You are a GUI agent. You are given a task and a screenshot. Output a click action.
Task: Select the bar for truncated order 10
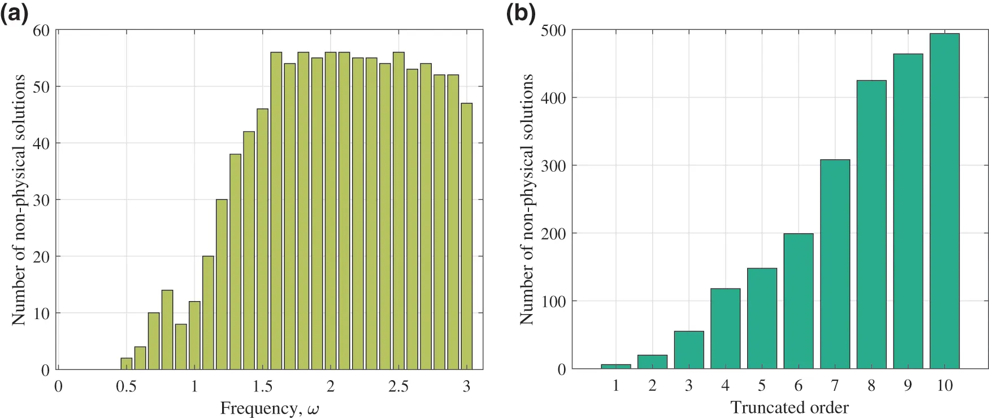(x=944, y=201)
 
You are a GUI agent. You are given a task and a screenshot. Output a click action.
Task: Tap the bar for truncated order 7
(x=835, y=264)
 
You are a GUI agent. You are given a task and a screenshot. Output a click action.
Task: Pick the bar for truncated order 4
(x=725, y=329)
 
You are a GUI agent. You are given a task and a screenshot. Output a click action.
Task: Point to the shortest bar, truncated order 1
(x=616, y=366)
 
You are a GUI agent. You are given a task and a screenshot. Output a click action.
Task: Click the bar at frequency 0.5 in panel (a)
(x=127, y=364)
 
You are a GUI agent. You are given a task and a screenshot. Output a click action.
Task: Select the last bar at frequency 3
(x=466, y=236)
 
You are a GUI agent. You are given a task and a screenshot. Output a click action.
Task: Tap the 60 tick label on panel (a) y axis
(x=41, y=31)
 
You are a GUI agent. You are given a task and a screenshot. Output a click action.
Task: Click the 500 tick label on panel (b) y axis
(x=553, y=31)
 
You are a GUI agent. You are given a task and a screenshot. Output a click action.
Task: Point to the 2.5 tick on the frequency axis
(x=398, y=386)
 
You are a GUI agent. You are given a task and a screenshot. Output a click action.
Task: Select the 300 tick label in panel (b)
(x=553, y=166)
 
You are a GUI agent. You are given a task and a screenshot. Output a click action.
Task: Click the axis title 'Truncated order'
(x=789, y=407)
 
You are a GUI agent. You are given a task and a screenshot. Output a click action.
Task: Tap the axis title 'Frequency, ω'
(x=270, y=408)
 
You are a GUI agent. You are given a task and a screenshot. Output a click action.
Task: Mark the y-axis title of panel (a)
(x=19, y=199)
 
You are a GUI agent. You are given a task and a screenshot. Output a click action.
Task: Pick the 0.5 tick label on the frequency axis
(x=127, y=386)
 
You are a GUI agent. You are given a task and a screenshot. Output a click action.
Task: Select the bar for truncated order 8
(x=871, y=224)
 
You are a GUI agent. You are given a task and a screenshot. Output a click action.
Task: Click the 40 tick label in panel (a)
(x=41, y=143)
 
